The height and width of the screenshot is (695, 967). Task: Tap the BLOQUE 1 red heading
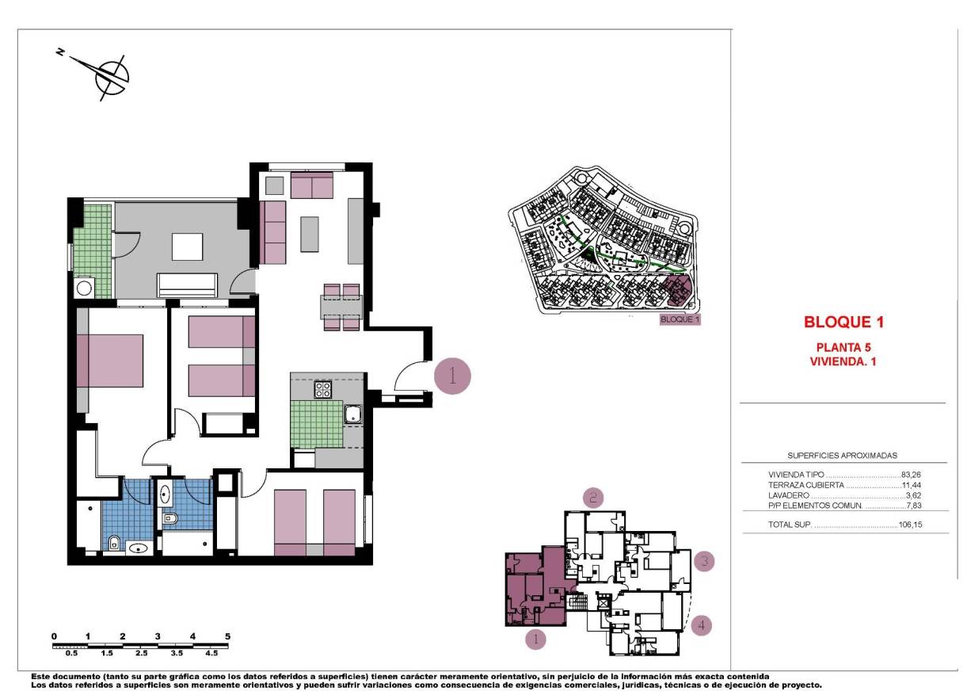(843, 323)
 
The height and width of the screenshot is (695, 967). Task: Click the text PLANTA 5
(843, 347)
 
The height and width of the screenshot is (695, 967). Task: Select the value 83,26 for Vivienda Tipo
(913, 474)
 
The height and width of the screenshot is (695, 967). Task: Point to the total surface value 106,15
(912, 525)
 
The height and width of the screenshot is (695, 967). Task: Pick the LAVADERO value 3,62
(916, 495)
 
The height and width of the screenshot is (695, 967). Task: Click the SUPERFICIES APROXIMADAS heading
(842, 456)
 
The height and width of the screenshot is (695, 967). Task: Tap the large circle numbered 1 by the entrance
(453, 376)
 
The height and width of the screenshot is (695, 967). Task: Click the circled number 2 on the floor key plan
(594, 497)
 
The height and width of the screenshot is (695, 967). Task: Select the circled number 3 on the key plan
(703, 562)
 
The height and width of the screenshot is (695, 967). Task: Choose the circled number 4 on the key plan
(701, 625)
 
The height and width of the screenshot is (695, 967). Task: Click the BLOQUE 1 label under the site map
(680, 320)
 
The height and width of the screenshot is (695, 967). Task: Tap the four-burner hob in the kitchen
(323, 389)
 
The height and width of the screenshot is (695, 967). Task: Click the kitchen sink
(352, 413)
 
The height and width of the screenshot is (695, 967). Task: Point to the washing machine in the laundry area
(84, 287)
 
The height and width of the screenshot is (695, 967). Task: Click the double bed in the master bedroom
(110, 361)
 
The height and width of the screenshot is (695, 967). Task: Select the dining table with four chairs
(341, 307)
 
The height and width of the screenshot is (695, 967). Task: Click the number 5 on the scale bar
(227, 636)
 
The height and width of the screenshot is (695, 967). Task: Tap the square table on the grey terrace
(188, 246)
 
